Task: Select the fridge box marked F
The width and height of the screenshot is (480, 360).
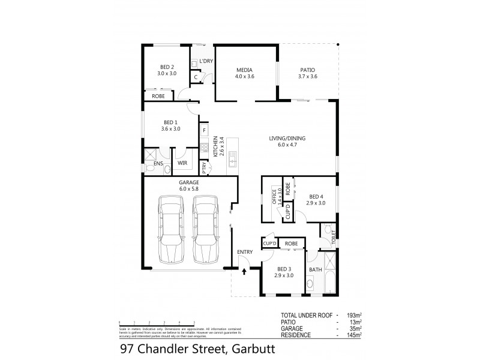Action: tap(205, 130)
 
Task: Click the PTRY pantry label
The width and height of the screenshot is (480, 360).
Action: tap(205, 168)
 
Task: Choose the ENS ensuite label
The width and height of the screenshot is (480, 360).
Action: tap(158, 163)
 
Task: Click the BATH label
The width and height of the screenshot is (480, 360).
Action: tap(315, 269)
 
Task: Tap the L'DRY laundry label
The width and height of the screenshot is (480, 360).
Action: tap(206, 62)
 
